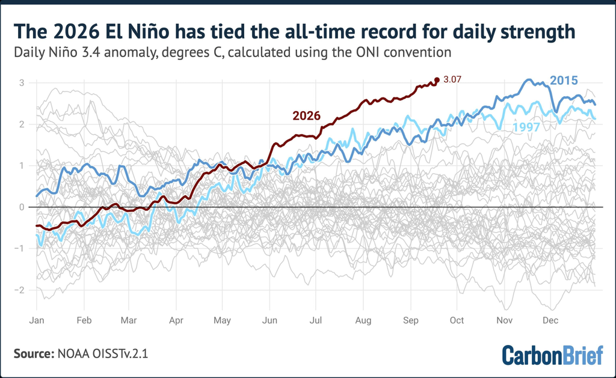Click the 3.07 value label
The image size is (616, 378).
[452, 80]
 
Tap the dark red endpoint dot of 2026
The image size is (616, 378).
[437, 80]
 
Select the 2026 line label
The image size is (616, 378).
[306, 116]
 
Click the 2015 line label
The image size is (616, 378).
[564, 81]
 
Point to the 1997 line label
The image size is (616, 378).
[526, 127]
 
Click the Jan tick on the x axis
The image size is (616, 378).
[37, 320]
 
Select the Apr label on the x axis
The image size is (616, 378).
[176, 320]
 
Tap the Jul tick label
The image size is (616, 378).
[315, 320]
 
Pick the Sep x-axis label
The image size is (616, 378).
[410, 320]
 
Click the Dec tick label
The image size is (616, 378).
[550, 320]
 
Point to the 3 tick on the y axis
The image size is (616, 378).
[22, 83]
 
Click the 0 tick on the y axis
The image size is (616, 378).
[22, 207]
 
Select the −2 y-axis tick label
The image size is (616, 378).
[19, 290]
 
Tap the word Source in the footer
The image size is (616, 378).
[34, 354]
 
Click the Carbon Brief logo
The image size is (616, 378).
[552, 355]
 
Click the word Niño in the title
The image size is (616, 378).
[147, 32]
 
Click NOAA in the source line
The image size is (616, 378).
[73, 354]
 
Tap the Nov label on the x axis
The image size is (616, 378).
[505, 320]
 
